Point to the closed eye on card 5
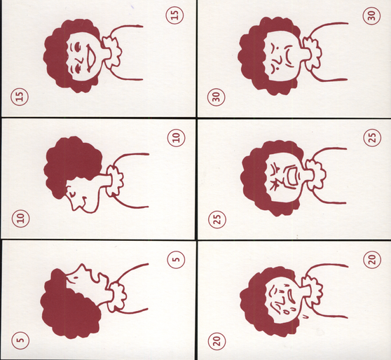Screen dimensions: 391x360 pyautogui.click(x=75, y=277)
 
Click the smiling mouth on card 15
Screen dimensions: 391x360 pyautogui.click(x=92, y=59)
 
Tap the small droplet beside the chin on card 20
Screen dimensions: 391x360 pyautogui.click(x=305, y=317)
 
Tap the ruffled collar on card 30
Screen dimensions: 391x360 pyautogui.click(x=313, y=55)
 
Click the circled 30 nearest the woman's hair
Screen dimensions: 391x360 pyautogui.click(x=216, y=97)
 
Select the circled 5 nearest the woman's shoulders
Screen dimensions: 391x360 pyautogui.click(x=176, y=260)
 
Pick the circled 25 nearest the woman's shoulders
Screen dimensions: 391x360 pyautogui.click(x=372, y=137)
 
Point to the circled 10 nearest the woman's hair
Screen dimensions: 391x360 pyautogui.click(x=21, y=219)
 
